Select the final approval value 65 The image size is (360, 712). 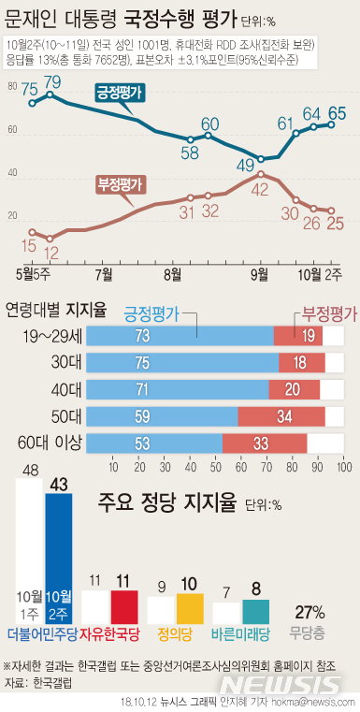(338, 114)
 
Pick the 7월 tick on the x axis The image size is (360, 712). (103, 274)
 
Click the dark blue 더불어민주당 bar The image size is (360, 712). (58, 557)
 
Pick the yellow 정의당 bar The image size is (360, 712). (190, 608)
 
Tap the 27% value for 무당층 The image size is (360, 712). (310, 612)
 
